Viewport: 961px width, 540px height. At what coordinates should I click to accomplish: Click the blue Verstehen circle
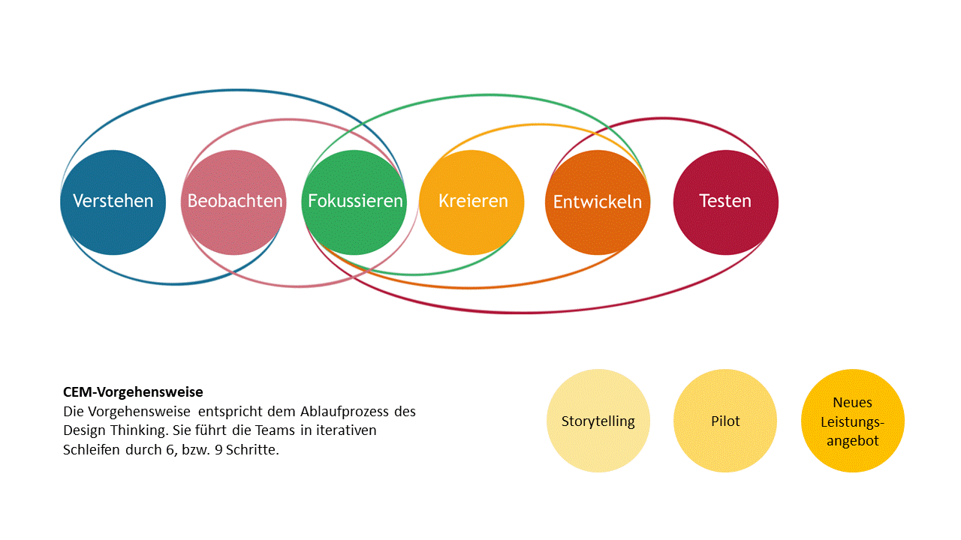click(113, 202)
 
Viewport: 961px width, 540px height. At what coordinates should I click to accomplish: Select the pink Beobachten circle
click(233, 202)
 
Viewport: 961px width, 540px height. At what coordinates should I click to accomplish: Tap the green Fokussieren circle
click(354, 202)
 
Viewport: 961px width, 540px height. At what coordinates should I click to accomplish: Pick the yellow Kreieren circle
click(471, 202)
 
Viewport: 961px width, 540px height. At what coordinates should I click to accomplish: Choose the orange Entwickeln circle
click(598, 202)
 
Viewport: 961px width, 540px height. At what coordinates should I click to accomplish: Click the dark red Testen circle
click(725, 202)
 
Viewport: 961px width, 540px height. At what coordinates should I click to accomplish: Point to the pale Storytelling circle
click(598, 421)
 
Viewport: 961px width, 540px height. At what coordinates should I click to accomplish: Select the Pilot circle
click(725, 421)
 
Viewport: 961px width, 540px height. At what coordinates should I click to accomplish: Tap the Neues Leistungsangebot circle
click(852, 421)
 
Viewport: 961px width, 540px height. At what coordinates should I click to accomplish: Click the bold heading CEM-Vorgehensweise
click(133, 391)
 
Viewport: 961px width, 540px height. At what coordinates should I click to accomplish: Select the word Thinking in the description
click(139, 430)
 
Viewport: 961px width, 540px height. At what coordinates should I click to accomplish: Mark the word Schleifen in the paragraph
click(92, 449)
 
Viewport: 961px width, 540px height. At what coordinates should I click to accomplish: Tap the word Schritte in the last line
click(252, 449)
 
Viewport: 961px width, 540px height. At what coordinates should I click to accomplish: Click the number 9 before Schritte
click(218, 449)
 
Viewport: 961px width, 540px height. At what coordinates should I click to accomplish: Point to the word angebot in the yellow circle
click(852, 441)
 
